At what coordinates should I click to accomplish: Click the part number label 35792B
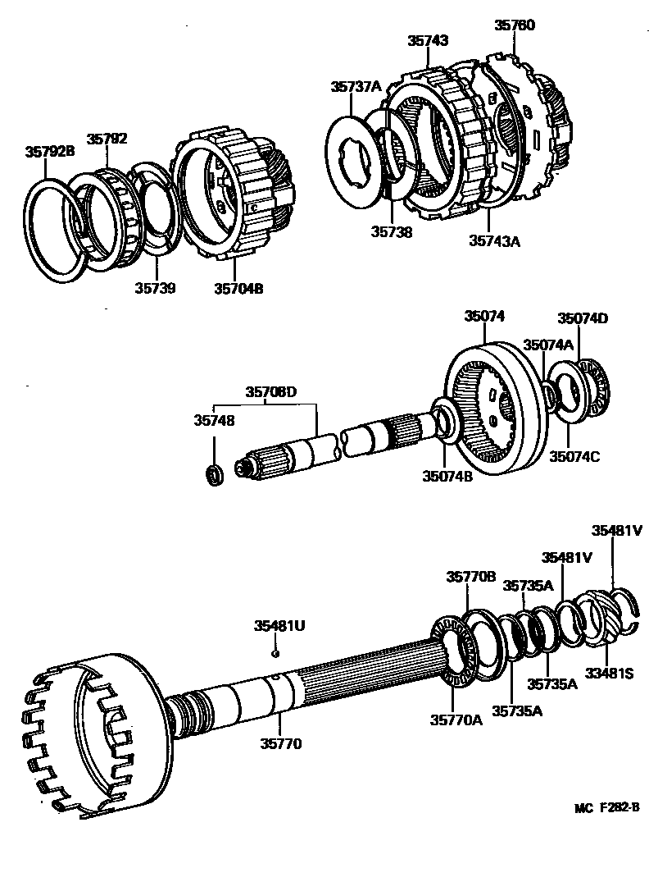pos(49,151)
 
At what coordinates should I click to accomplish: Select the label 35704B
pos(238,288)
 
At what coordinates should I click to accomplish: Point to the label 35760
pos(514,25)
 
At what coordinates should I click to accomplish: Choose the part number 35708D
pos(270,392)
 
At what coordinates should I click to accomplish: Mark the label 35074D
pos(583,318)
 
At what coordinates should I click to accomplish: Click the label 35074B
pos(447,476)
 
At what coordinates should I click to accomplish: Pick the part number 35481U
pos(279,626)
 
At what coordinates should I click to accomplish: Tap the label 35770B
pos(470,577)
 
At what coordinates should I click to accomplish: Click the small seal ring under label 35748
pos(214,474)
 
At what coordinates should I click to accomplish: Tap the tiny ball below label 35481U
pos(276,653)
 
